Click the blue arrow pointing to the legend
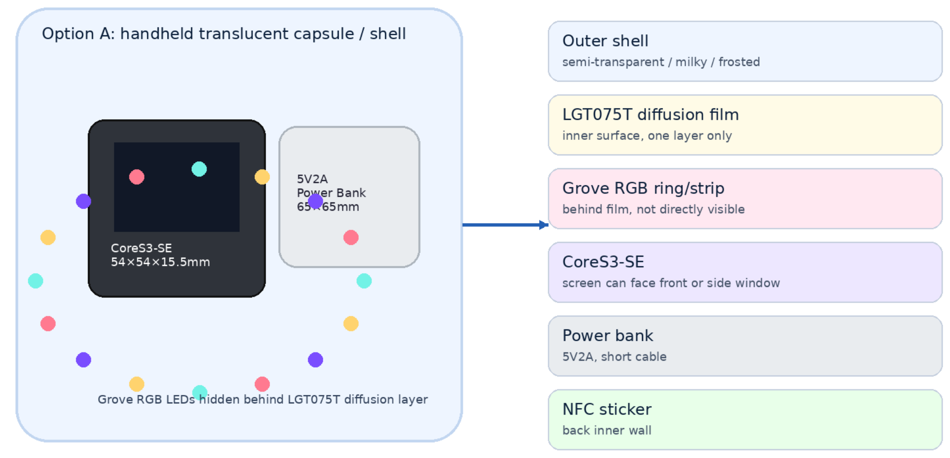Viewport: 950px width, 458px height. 505,225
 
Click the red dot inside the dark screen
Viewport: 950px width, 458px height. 137,177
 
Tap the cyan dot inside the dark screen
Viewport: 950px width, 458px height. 199,169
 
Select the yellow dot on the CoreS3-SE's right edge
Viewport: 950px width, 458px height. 262,177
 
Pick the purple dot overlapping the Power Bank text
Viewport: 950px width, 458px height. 315,201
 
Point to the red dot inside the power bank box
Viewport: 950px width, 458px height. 351,238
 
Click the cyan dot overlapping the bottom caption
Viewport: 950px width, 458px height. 200,393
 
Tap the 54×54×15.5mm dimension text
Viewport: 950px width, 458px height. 160,262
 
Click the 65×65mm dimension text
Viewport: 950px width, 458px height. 328,207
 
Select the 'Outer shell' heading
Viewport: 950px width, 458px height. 605,41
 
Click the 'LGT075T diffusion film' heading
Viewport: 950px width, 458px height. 651,114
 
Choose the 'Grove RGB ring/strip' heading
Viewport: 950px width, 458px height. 643,188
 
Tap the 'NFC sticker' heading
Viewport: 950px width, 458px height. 607,409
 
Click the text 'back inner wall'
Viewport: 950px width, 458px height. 607,430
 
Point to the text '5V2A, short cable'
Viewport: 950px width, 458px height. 615,357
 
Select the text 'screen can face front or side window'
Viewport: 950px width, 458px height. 671,283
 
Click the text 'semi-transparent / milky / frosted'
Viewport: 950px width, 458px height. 661,62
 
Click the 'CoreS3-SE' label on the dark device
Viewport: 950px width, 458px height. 141,248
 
